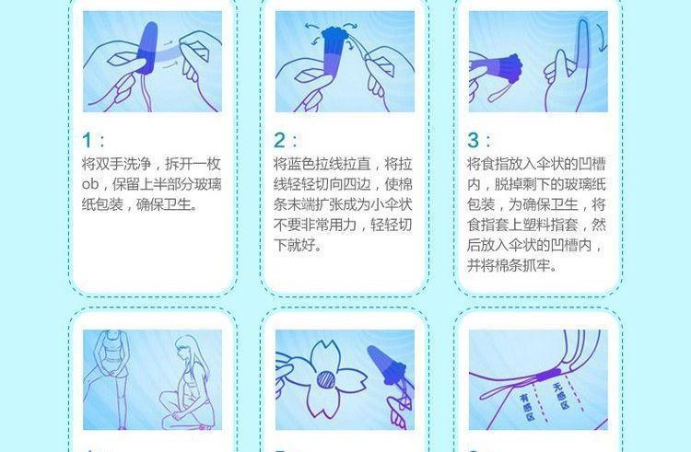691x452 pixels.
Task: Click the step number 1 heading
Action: coord(88,140)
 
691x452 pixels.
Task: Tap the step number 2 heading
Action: coord(280,140)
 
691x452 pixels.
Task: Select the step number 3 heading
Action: coord(474,140)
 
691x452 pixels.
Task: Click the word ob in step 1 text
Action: coord(90,184)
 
